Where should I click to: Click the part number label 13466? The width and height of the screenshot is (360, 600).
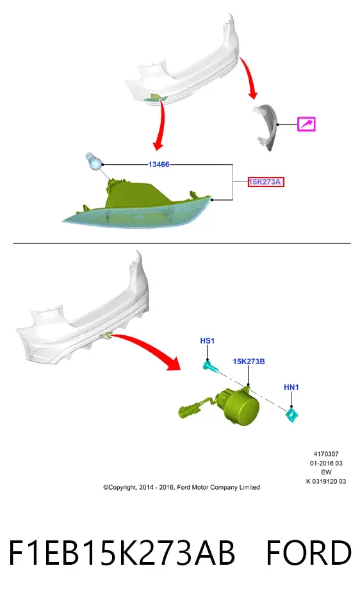[159, 165]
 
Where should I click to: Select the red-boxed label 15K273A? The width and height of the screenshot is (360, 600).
[265, 182]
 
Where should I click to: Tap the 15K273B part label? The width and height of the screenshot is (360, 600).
[249, 362]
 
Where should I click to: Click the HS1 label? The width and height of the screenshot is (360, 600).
[208, 340]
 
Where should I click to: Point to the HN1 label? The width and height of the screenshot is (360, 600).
[291, 387]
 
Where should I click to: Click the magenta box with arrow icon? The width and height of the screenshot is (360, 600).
[306, 124]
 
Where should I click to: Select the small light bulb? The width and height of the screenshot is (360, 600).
[93, 161]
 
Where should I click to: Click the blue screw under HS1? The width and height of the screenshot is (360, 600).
[211, 367]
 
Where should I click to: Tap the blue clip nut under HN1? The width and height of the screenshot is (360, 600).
[292, 415]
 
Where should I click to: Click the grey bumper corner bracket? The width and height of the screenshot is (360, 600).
[267, 127]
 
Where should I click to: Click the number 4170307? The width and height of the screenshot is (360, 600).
[326, 454]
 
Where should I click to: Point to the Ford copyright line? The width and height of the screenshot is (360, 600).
[181, 487]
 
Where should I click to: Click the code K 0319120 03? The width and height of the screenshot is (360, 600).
[326, 481]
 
